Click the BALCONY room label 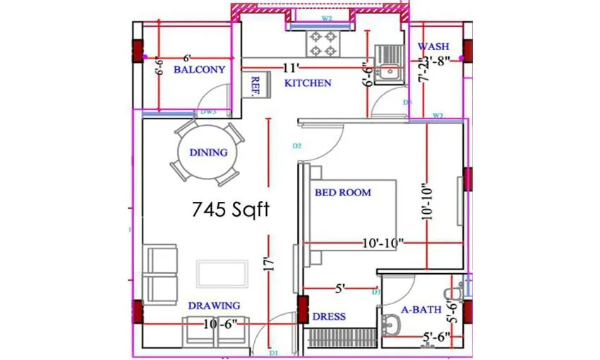[199, 70]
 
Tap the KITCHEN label [308, 83]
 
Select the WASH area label [433, 47]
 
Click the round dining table [208, 152]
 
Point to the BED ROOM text [342, 192]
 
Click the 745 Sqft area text [230, 209]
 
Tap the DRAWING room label [214, 306]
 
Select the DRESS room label [329, 317]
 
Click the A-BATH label [421, 309]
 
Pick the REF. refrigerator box [253, 85]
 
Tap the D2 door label [297, 146]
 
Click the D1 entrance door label [274, 352]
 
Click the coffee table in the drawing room [222, 274]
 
